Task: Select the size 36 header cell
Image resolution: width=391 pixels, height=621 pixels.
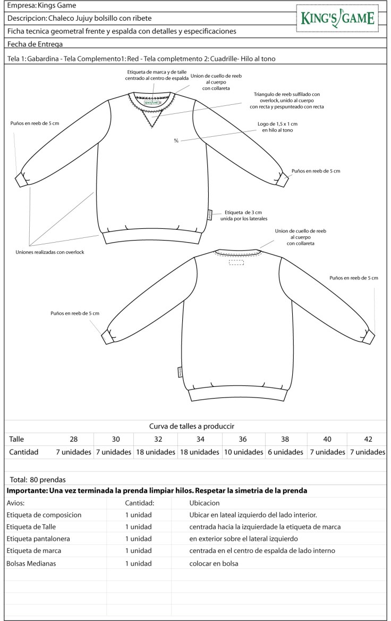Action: point(243,439)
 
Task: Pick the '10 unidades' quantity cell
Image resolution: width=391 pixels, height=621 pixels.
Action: point(243,452)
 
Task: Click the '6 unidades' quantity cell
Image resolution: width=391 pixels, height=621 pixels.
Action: point(285,452)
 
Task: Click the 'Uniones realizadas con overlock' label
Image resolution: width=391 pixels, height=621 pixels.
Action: point(50,252)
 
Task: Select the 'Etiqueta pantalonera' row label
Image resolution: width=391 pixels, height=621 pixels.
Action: point(38,539)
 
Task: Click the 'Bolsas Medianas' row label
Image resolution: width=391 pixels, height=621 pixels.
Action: point(32,563)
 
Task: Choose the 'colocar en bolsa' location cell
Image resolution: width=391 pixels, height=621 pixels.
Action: point(214,563)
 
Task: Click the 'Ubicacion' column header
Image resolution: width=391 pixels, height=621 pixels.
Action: point(204,503)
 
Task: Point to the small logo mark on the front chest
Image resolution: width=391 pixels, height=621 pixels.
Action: point(176,140)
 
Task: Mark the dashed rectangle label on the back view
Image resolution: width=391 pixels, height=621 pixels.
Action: point(236,262)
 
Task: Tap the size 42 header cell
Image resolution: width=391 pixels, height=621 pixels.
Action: point(368,439)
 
